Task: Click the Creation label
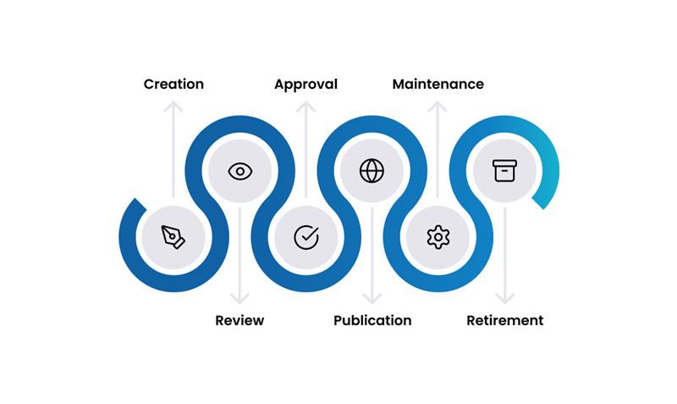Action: (x=173, y=84)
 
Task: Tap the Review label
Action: (x=239, y=320)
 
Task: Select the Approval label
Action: (x=305, y=84)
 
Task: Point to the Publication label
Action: (x=372, y=320)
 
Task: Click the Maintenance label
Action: (x=438, y=84)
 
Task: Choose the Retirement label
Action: (x=505, y=320)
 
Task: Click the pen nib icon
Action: (x=173, y=236)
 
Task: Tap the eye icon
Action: (x=239, y=171)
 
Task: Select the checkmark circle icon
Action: (x=305, y=237)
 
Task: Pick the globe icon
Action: (x=372, y=171)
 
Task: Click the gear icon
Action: (x=438, y=237)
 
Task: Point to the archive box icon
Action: (x=504, y=170)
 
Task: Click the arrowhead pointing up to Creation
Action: (x=173, y=107)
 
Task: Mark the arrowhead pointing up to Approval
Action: (x=305, y=107)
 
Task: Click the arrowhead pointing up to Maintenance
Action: (x=438, y=107)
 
